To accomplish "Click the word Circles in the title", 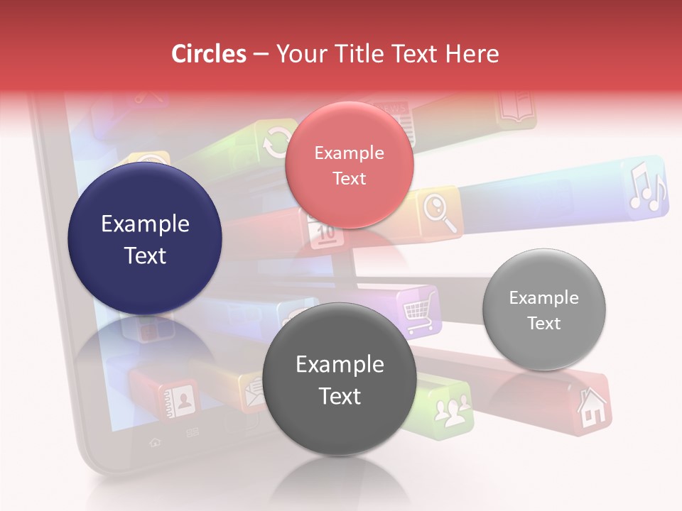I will tap(208, 54).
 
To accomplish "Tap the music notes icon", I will tap(647, 187).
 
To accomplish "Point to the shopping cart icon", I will tap(420, 313).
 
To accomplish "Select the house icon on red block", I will tap(591, 408).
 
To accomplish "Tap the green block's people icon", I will tap(453, 410).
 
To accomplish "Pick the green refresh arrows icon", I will tap(275, 143).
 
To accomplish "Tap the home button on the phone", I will tap(155, 442).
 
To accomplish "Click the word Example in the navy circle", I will tap(145, 224).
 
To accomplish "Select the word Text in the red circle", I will tap(349, 178).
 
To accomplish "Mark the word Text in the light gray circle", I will tap(544, 323).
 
